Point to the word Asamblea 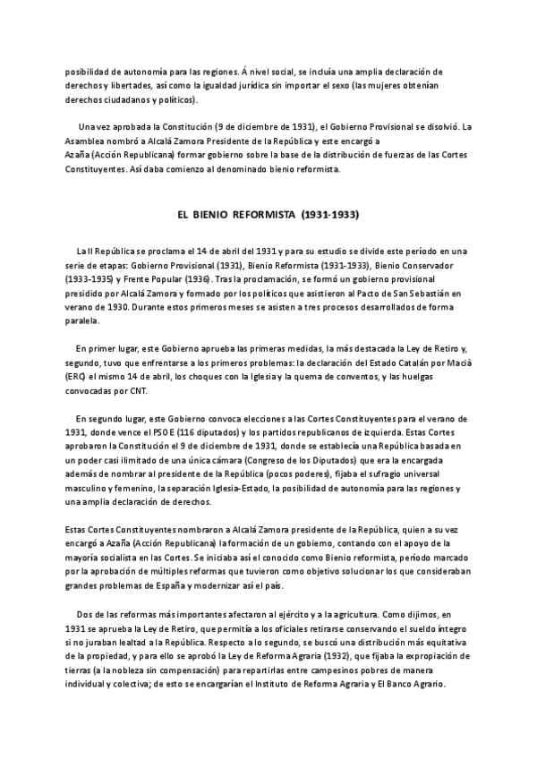pyautogui.click(x=88, y=141)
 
